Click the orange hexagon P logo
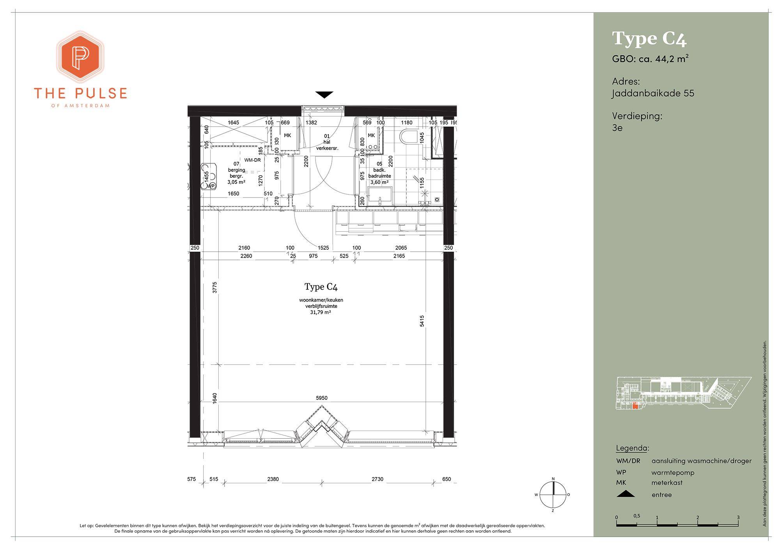coord(80,57)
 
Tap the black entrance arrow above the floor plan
coord(324,95)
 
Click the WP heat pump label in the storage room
coord(211,186)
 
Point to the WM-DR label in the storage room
coord(252,160)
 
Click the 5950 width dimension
coord(322,398)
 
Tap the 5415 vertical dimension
coord(422,321)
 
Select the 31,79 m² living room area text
coord(321,312)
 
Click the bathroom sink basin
coord(379,195)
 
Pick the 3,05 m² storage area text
coord(236,182)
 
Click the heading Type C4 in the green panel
coord(649,39)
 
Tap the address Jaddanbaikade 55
coord(653,94)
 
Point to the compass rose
coord(553,494)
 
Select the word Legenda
coord(632,448)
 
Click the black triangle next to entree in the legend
coord(626,494)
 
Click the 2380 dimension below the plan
coord(273,479)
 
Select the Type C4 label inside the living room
coord(321,287)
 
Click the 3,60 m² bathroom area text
coord(379,182)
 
